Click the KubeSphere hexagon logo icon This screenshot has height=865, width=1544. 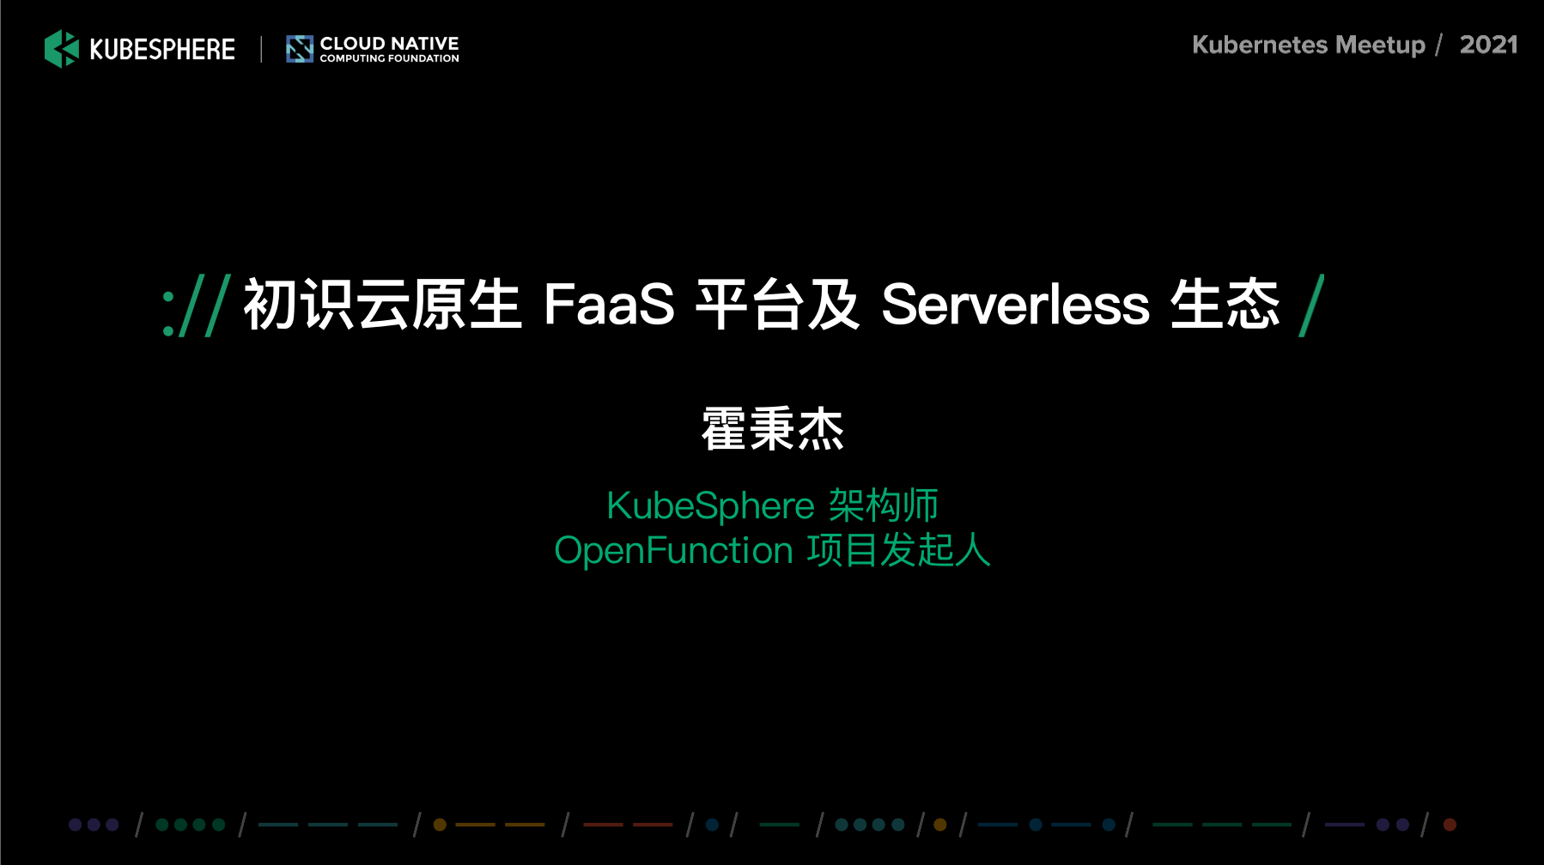(62, 49)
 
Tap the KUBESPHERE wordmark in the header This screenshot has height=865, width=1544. (162, 50)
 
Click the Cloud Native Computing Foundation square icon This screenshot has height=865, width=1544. (300, 49)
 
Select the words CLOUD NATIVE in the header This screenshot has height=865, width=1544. (389, 43)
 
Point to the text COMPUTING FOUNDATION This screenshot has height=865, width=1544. (389, 58)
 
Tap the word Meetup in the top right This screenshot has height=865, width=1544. (1381, 45)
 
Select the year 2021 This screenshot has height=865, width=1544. (1489, 45)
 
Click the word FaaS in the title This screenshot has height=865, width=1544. (609, 305)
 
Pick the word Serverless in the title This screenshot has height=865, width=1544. (1016, 305)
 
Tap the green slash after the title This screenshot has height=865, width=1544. (1311, 305)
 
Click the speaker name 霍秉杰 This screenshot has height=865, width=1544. (773, 429)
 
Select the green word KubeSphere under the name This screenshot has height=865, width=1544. (710, 506)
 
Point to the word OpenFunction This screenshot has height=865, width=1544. (673, 551)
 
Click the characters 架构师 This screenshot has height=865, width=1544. (884, 505)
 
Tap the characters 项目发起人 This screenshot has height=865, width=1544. (899, 550)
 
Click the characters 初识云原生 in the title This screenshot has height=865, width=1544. (383, 305)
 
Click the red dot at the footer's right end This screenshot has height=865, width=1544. (1450, 825)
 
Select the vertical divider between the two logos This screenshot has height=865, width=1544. (261, 49)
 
